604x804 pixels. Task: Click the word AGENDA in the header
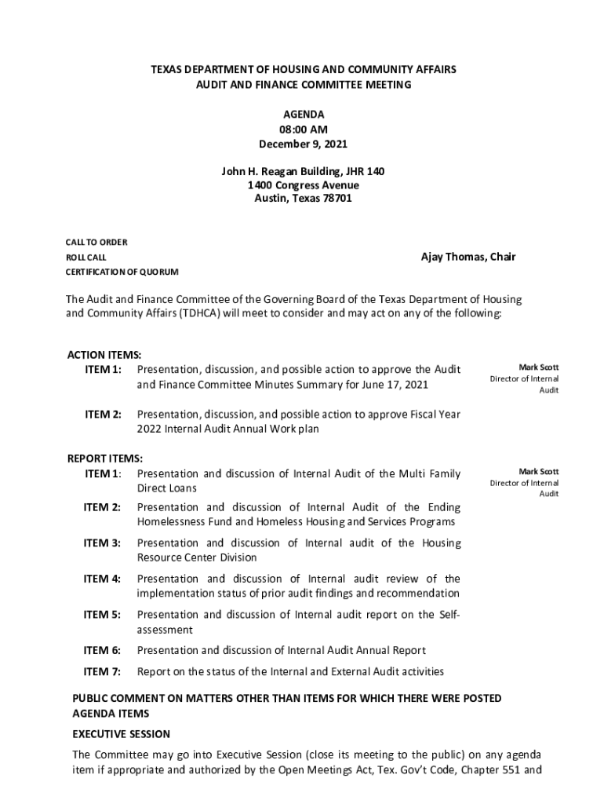tap(303, 115)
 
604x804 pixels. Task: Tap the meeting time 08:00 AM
tap(303, 130)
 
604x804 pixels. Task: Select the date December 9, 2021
tap(303, 144)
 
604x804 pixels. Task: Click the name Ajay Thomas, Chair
tap(468, 257)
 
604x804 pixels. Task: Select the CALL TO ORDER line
tap(96, 243)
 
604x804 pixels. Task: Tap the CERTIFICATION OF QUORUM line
tap(122, 272)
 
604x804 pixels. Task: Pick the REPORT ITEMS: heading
tap(104, 459)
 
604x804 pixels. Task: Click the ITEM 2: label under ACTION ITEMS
tap(103, 414)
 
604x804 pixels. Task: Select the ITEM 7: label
tap(103, 671)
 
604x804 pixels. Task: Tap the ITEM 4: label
tap(103, 579)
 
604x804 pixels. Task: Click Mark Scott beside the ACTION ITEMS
tap(538, 367)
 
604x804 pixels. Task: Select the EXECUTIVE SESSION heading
tap(121, 734)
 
